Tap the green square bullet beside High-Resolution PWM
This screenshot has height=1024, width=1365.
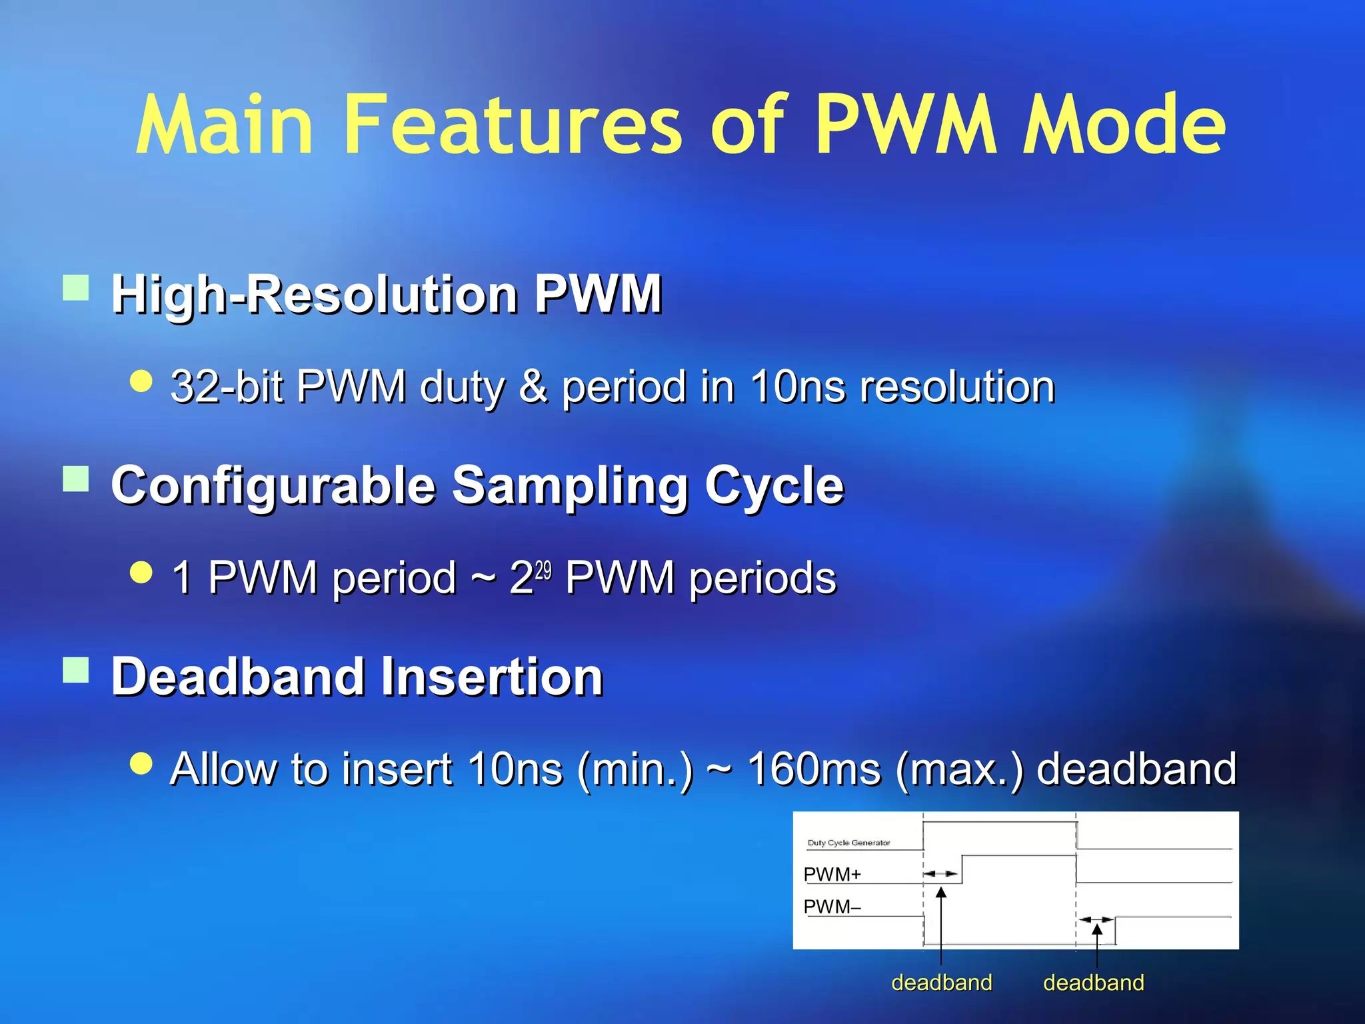(76, 289)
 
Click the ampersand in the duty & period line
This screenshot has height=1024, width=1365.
(533, 387)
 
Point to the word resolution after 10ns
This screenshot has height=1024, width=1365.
(957, 387)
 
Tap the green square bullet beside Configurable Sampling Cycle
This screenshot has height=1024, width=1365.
(76, 479)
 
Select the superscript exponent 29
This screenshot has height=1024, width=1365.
(543, 571)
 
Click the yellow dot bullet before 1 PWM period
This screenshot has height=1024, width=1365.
(141, 572)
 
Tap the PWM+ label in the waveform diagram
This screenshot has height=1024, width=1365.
(832, 874)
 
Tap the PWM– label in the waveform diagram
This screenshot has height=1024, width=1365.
(832, 907)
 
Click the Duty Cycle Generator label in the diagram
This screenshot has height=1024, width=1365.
(848, 843)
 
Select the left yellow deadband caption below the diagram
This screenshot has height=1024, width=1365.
(941, 983)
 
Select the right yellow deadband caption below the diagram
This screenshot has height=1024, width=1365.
(1093, 983)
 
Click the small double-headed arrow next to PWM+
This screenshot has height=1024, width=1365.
(940, 873)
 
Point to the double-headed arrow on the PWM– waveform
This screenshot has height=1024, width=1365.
(1096, 919)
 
